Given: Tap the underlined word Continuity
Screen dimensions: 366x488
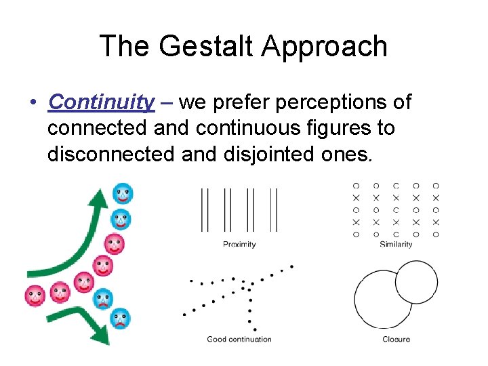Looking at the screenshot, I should pyautogui.click(x=102, y=102).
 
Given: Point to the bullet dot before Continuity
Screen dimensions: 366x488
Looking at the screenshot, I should pyautogui.click(x=32, y=103).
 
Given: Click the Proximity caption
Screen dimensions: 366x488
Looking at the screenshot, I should pyautogui.click(x=239, y=244).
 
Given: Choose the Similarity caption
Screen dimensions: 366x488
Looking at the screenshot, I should pyautogui.click(x=396, y=244).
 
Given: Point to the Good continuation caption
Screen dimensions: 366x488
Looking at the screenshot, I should pyautogui.click(x=239, y=339).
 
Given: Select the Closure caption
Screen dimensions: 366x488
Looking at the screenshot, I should pyautogui.click(x=396, y=339).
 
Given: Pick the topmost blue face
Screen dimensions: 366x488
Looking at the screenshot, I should pyautogui.click(x=123, y=194).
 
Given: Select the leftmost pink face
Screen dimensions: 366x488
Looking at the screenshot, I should pyautogui.click(x=35, y=296).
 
